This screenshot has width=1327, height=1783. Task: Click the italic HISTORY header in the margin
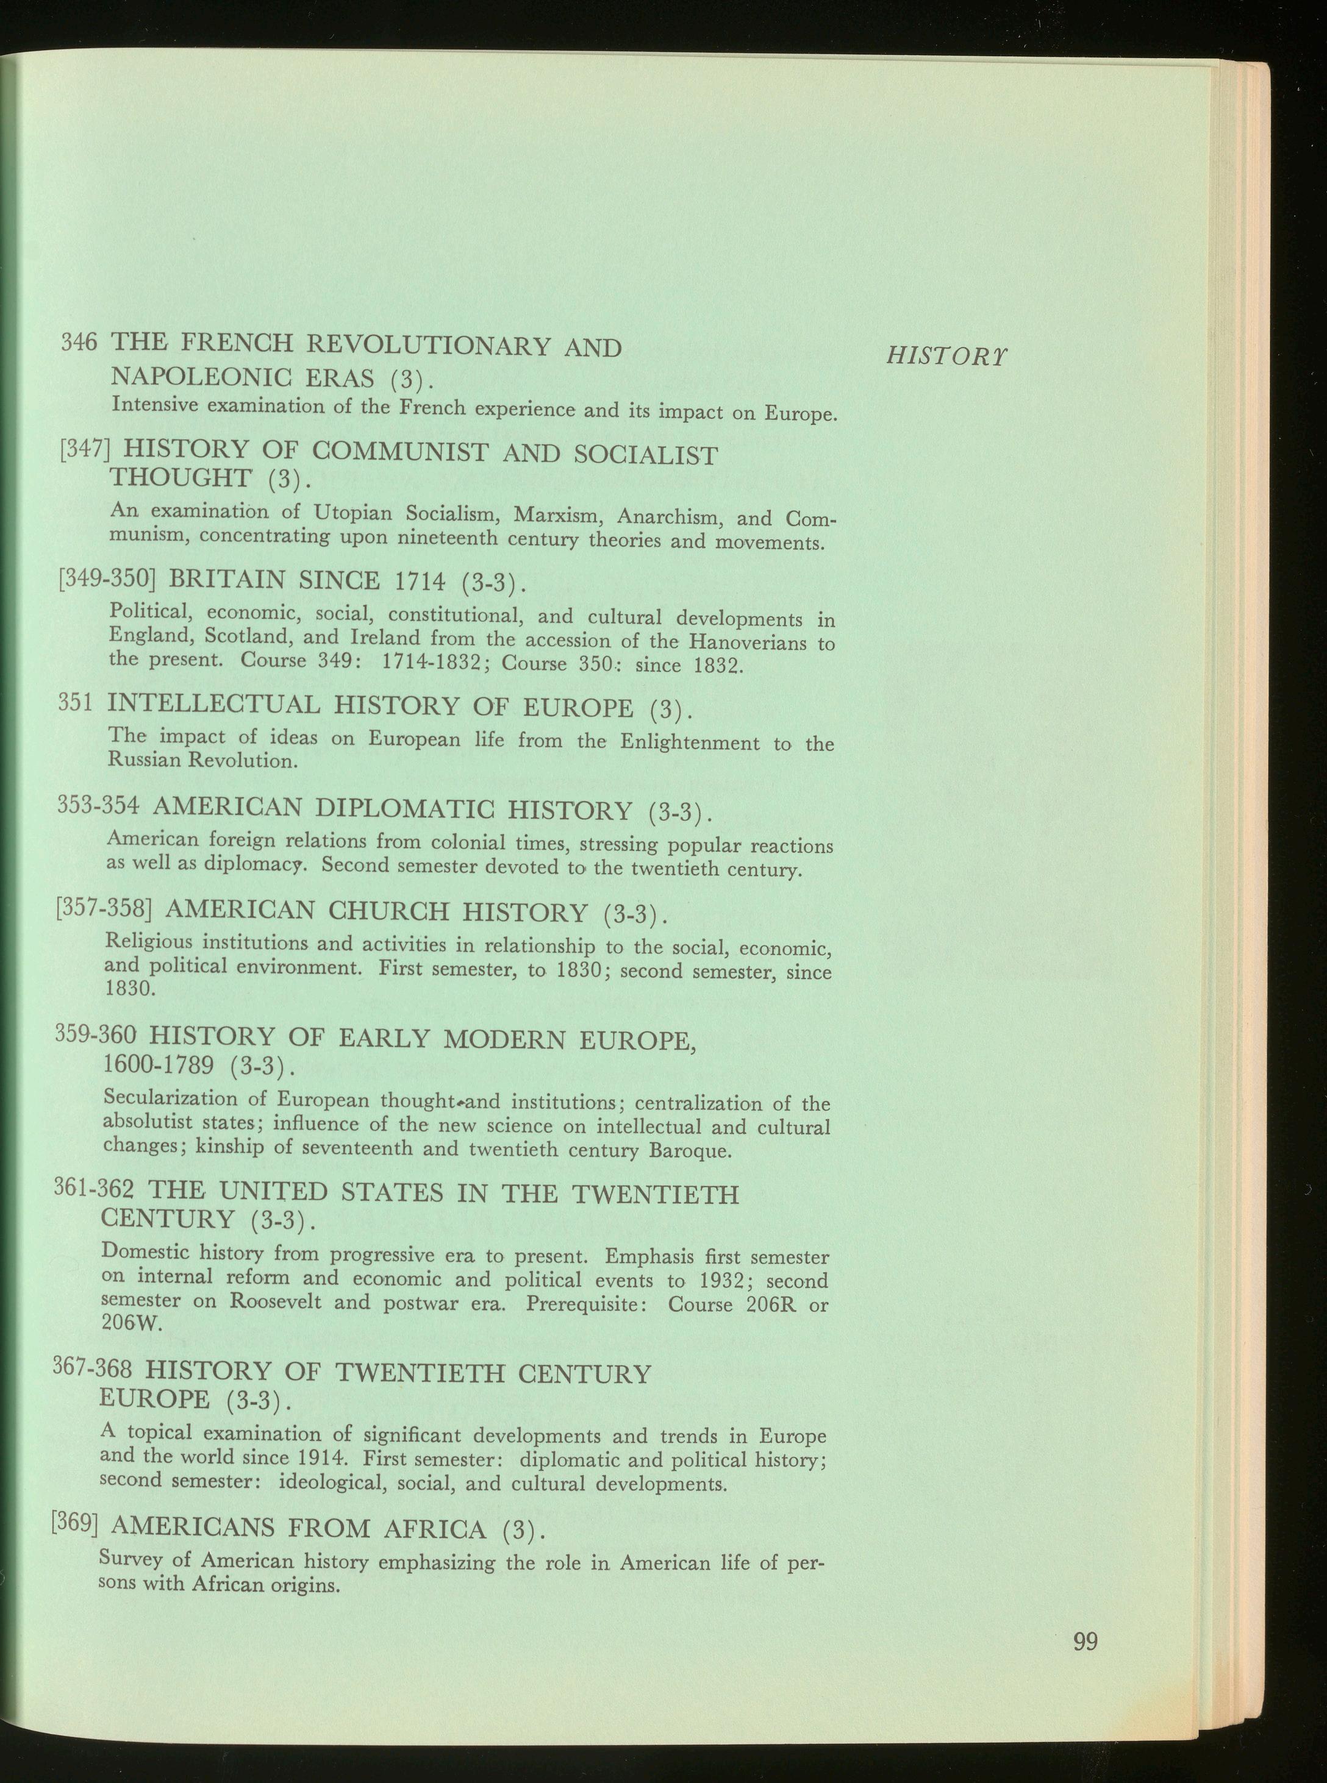(946, 355)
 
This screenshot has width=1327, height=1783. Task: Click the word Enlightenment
(689, 742)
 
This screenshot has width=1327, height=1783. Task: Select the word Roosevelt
(274, 1300)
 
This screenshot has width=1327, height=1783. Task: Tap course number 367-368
(91, 1366)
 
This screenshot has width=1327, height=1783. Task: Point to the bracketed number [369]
(74, 1522)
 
